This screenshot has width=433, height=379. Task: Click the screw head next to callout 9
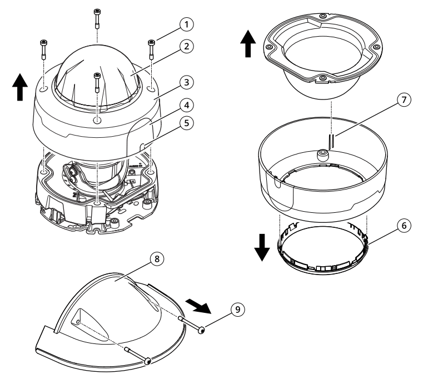click(x=201, y=331)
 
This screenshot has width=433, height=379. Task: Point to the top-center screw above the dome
click(x=97, y=12)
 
